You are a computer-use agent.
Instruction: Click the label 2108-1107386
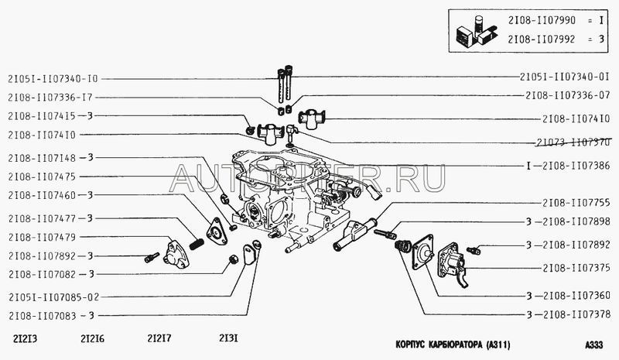pyautogui.click(x=576, y=166)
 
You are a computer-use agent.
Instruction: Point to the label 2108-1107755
pyautogui.click(x=576, y=202)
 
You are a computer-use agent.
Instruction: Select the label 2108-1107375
pyautogui.click(x=576, y=267)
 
